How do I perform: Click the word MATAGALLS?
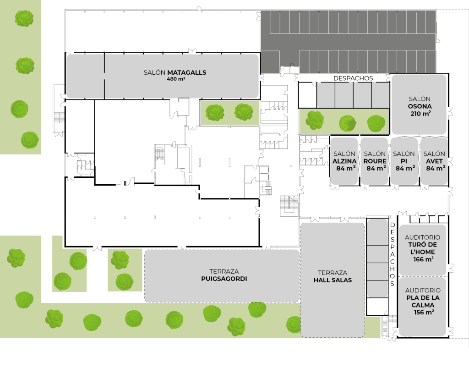(x=186, y=72)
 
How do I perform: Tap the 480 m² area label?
(x=176, y=79)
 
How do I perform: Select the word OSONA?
(x=420, y=106)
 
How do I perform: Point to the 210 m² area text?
(x=420, y=114)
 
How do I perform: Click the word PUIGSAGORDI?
(x=224, y=279)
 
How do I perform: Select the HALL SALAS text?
(x=333, y=280)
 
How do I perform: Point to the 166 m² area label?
(x=423, y=259)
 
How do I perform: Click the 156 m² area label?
(x=423, y=313)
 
